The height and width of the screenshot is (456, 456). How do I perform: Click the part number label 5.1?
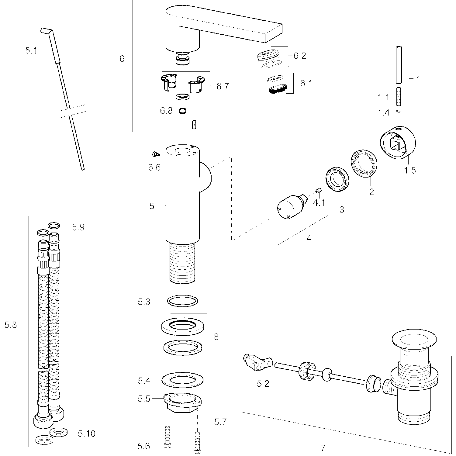(x=31, y=50)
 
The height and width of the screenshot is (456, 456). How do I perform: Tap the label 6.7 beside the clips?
(x=222, y=86)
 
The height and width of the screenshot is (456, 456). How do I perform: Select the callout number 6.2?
(x=299, y=56)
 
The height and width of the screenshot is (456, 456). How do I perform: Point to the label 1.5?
(x=410, y=171)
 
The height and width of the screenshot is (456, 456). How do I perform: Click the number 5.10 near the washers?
(x=86, y=434)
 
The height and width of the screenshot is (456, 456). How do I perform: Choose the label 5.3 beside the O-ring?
(x=144, y=302)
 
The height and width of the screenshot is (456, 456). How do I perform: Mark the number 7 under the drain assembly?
(x=323, y=448)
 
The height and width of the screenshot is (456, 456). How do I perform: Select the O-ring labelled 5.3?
(x=182, y=301)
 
